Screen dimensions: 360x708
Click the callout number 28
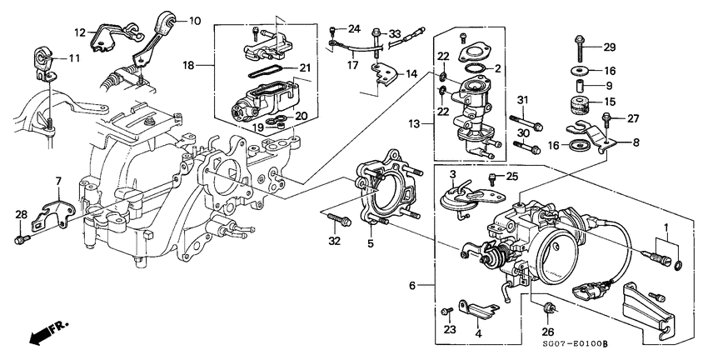[x=19, y=216]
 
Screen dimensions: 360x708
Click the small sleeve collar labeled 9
[x=578, y=85]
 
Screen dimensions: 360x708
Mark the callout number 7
[x=58, y=181]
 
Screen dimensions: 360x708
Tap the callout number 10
[x=194, y=20]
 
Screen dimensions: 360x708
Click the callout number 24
[x=355, y=28]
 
